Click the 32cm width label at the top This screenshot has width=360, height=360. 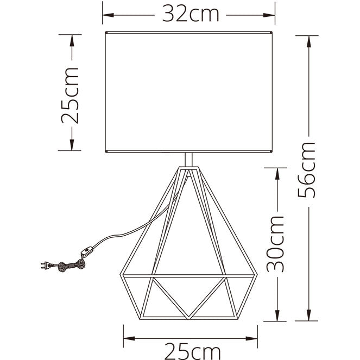coord(191,15)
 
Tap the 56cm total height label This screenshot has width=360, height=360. coord(306,170)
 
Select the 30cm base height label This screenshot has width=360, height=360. coord(275,244)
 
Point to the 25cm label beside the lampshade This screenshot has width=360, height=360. coord(70,95)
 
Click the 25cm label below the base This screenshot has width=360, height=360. coord(192,351)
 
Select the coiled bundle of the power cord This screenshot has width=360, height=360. coord(72,266)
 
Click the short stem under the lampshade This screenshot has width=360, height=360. coord(189,160)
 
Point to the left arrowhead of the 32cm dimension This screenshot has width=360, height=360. coord(108,15)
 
